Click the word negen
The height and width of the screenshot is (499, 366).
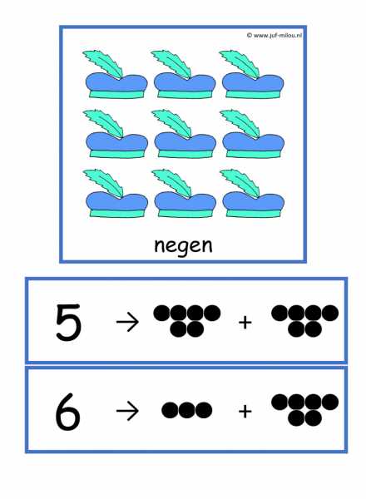(x=183, y=245)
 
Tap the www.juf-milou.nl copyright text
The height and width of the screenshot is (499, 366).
(x=274, y=36)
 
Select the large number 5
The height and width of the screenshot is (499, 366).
(x=68, y=322)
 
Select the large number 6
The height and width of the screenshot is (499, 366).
(x=67, y=412)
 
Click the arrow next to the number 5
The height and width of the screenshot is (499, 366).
(x=127, y=322)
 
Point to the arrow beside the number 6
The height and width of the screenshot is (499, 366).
(x=127, y=411)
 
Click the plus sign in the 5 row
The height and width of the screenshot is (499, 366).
(x=245, y=323)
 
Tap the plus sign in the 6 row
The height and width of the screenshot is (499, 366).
(x=245, y=412)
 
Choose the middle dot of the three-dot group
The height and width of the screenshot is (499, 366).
(x=187, y=410)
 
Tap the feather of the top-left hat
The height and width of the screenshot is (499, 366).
(x=104, y=63)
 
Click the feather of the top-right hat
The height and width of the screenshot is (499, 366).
(x=240, y=63)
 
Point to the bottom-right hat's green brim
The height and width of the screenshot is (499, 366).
(x=253, y=213)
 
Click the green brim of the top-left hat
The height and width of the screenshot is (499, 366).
(x=116, y=94)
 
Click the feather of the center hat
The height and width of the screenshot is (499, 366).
(x=172, y=123)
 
